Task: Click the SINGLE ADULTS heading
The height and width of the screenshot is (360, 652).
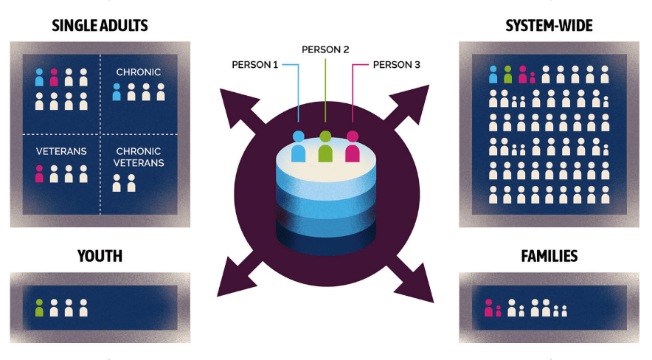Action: click(x=100, y=26)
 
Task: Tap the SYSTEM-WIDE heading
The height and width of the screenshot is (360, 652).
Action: click(x=549, y=26)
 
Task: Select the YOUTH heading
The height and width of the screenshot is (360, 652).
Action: click(x=100, y=256)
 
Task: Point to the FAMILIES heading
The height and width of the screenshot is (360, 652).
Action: click(x=549, y=256)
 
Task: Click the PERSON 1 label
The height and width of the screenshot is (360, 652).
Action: click(x=255, y=65)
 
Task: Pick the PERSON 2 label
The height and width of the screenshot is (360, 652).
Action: click(x=325, y=50)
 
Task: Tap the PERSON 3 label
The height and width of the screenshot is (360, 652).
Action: click(x=396, y=65)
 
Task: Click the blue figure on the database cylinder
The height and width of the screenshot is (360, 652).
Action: click(x=298, y=146)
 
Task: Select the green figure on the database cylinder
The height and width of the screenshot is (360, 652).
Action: click(x=325, y=146)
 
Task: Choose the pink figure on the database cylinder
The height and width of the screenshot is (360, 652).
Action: click(x=353, y=146)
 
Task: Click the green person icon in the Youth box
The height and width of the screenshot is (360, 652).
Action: click(x=39, y=308)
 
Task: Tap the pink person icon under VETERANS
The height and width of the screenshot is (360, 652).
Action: click(x=39, y=174)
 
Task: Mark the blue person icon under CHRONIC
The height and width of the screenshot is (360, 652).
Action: click(x=117, y=92)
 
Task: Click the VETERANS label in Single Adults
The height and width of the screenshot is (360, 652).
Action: click(x=61, y=151)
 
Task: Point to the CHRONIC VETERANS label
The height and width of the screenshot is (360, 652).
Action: click(x=139, y=157)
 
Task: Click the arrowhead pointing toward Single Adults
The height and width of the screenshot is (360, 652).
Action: click(x=237, y=106)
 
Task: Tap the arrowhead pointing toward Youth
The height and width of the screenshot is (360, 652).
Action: click(x=236, y=279)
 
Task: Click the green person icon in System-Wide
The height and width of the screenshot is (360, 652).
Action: click(x=507, y=75)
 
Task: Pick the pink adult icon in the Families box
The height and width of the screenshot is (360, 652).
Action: click(x=488, y=308)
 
